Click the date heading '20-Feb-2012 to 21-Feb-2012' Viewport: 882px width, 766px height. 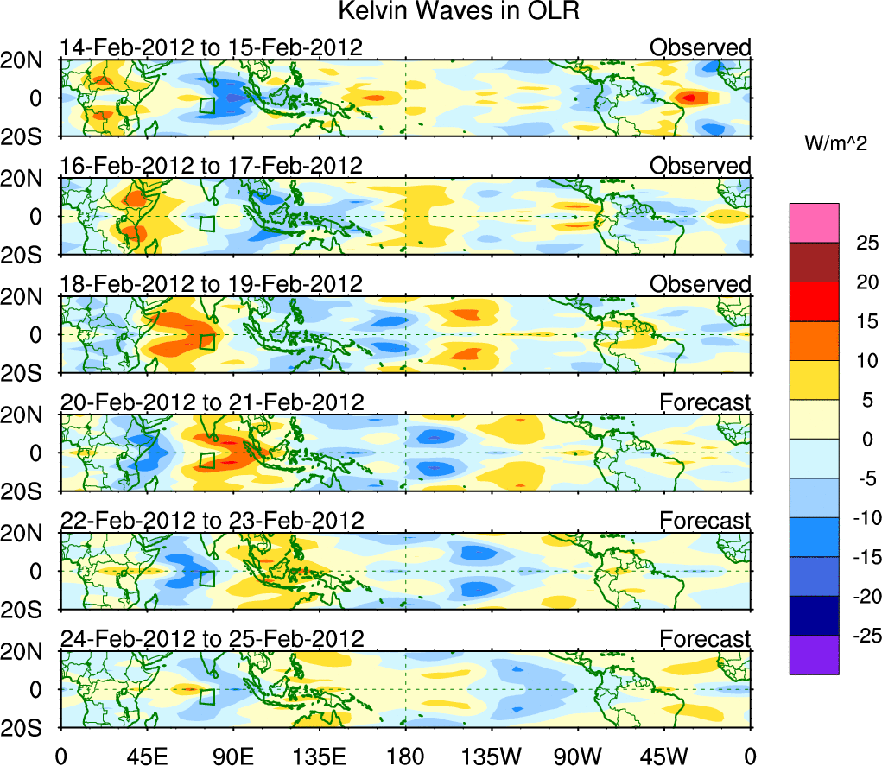(x=212, y=402)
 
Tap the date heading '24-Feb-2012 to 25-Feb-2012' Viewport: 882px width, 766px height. (x=212, y=638)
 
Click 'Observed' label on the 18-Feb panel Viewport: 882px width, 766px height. (x=701, y=284)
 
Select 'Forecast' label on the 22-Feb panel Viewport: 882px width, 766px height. (x=705, y=520)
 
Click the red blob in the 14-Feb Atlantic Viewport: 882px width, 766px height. (x=690, y=98)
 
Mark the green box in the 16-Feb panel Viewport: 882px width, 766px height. (x=207, y=223)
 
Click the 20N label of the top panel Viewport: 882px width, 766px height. (x=28, y=60)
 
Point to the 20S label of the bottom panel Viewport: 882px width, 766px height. (x=28, y=727)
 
